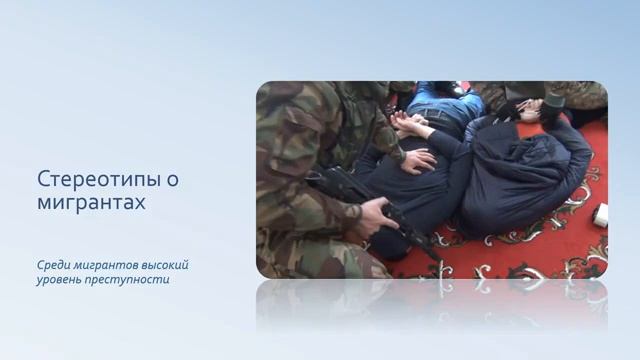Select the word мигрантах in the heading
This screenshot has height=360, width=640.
[x=91, y=202]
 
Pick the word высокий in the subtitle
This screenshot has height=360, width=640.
[x=163, y=265]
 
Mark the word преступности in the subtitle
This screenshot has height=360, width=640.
[x=130, y=280]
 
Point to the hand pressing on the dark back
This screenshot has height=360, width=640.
[x=418, y=160]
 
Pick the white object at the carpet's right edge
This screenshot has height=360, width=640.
[x=600, y=215]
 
